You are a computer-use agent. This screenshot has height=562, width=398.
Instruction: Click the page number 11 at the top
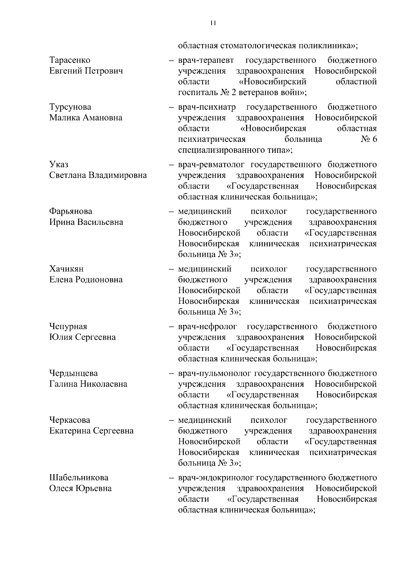(213, 23)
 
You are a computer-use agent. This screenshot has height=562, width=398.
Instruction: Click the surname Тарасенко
(70, 60)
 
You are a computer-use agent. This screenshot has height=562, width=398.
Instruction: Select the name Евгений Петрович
(86, 71)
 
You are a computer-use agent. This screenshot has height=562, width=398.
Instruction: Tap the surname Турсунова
(70, 107)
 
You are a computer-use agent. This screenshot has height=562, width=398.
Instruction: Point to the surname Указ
(59, 165)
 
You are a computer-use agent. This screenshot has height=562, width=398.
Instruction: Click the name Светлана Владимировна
(98, 175)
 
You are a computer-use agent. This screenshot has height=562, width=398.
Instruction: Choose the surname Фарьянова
(71, 211)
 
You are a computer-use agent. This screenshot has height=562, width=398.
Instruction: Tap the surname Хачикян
(66, 269)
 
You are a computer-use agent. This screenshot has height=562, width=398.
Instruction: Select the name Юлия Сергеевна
(82, 337)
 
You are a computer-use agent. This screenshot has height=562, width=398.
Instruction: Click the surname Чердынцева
(73, 373)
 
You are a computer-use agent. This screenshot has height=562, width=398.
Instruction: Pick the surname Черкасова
(70, 420)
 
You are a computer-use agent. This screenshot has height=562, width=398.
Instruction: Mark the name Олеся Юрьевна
(80, 488)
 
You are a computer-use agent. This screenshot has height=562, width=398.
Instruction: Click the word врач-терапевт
(206, 60)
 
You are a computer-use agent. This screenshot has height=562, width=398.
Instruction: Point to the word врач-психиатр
(207, 107)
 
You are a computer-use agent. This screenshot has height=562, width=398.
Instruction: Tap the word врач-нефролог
(207, 327)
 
